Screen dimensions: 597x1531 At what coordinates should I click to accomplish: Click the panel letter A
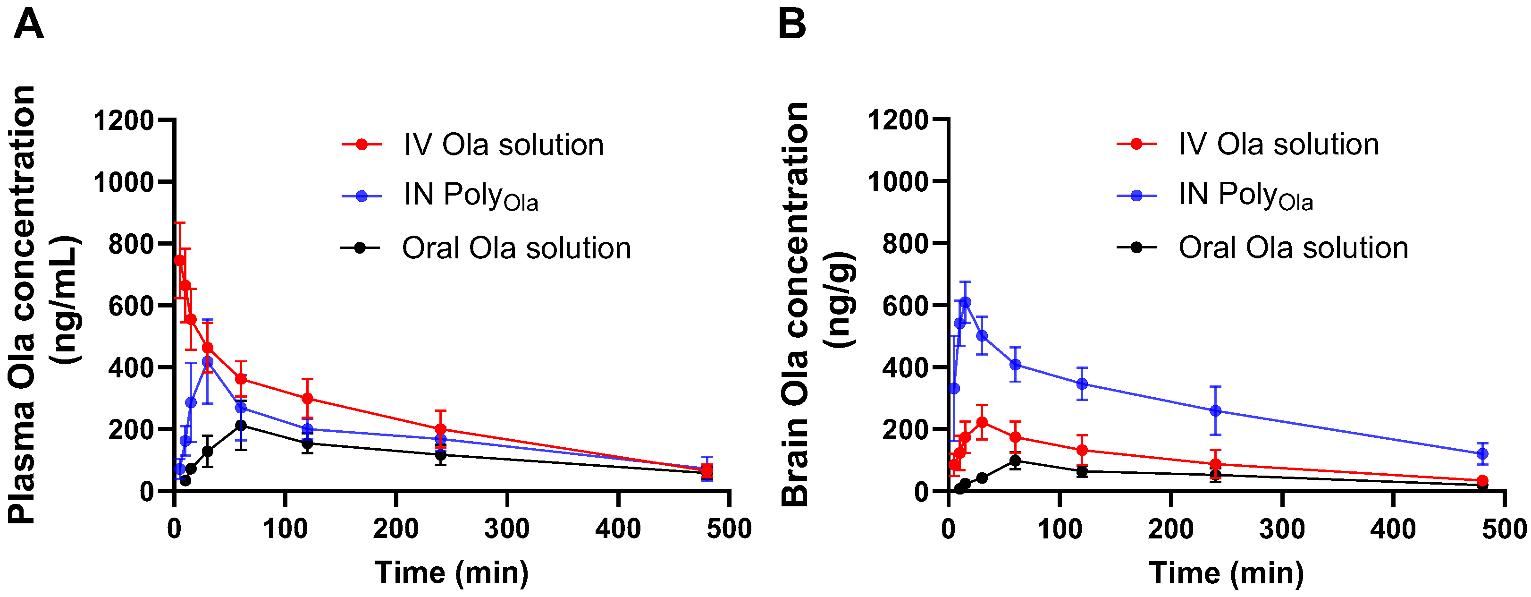(28, 25)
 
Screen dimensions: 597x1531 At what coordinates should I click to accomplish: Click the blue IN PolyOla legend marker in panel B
(1136, 195)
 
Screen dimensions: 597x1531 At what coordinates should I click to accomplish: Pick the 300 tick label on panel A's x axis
(507, 529)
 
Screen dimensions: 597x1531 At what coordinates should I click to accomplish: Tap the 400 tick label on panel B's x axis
(1393, 529)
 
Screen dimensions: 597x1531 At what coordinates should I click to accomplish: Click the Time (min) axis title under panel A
(452, 572)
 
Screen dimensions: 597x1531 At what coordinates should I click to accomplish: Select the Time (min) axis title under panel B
(1226, 572)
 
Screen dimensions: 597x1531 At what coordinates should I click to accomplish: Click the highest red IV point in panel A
(179, 260)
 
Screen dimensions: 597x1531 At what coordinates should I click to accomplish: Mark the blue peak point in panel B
(965, 302)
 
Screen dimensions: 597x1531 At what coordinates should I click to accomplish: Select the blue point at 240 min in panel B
(1215, 411)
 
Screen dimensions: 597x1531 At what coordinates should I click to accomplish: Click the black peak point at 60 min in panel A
(241, 425)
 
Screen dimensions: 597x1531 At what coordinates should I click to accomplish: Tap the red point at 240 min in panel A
(440, 429)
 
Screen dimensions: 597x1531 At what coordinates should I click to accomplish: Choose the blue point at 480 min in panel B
(1482, 454)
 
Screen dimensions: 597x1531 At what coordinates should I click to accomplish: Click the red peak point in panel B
(982, 422)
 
